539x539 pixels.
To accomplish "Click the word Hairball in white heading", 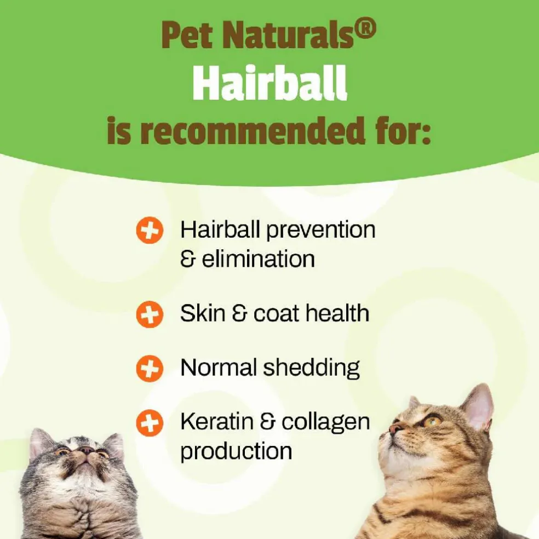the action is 269,83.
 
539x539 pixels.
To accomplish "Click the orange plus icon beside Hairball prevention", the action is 150,230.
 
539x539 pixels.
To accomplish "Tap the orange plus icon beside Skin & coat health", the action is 150,314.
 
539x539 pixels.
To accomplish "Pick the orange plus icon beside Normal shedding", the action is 150,369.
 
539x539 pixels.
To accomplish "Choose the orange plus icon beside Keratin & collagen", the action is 150,423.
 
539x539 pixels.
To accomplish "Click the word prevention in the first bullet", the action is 321,230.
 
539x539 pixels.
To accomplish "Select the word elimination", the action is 258,259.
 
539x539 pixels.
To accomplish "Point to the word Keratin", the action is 217,422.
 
